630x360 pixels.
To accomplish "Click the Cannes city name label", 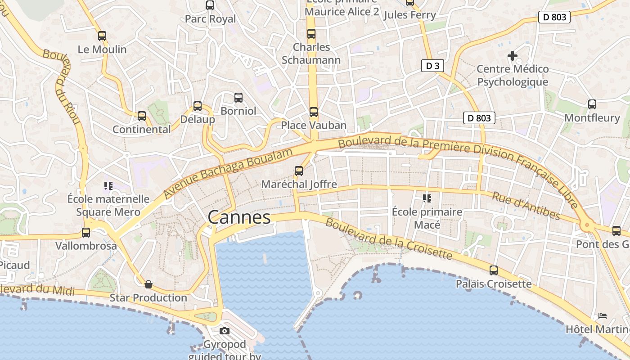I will (239, 218).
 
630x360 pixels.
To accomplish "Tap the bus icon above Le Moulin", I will (102, 36).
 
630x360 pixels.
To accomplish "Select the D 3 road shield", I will (432, 66).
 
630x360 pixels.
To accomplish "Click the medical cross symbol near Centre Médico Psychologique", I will (512, 56).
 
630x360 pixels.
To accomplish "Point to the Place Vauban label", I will (314, 125).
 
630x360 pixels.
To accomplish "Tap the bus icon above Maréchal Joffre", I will (299, 171).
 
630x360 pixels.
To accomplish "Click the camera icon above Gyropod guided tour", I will (224, 331).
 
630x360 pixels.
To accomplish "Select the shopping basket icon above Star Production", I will (148, 284).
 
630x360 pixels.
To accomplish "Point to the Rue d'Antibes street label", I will (526, 206).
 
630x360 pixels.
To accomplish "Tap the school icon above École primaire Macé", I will (427, 198).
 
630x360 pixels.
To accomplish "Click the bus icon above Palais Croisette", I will (494, 270).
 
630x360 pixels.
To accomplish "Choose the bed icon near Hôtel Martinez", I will (603, 315).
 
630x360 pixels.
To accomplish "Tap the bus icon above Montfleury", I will (592, 104).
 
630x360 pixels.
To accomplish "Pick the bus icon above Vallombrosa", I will (86, 233).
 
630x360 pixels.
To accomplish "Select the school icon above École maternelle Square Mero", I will (108, 185).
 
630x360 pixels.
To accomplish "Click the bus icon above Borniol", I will (238, 97).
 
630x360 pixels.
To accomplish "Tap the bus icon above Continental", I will (142, 116).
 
